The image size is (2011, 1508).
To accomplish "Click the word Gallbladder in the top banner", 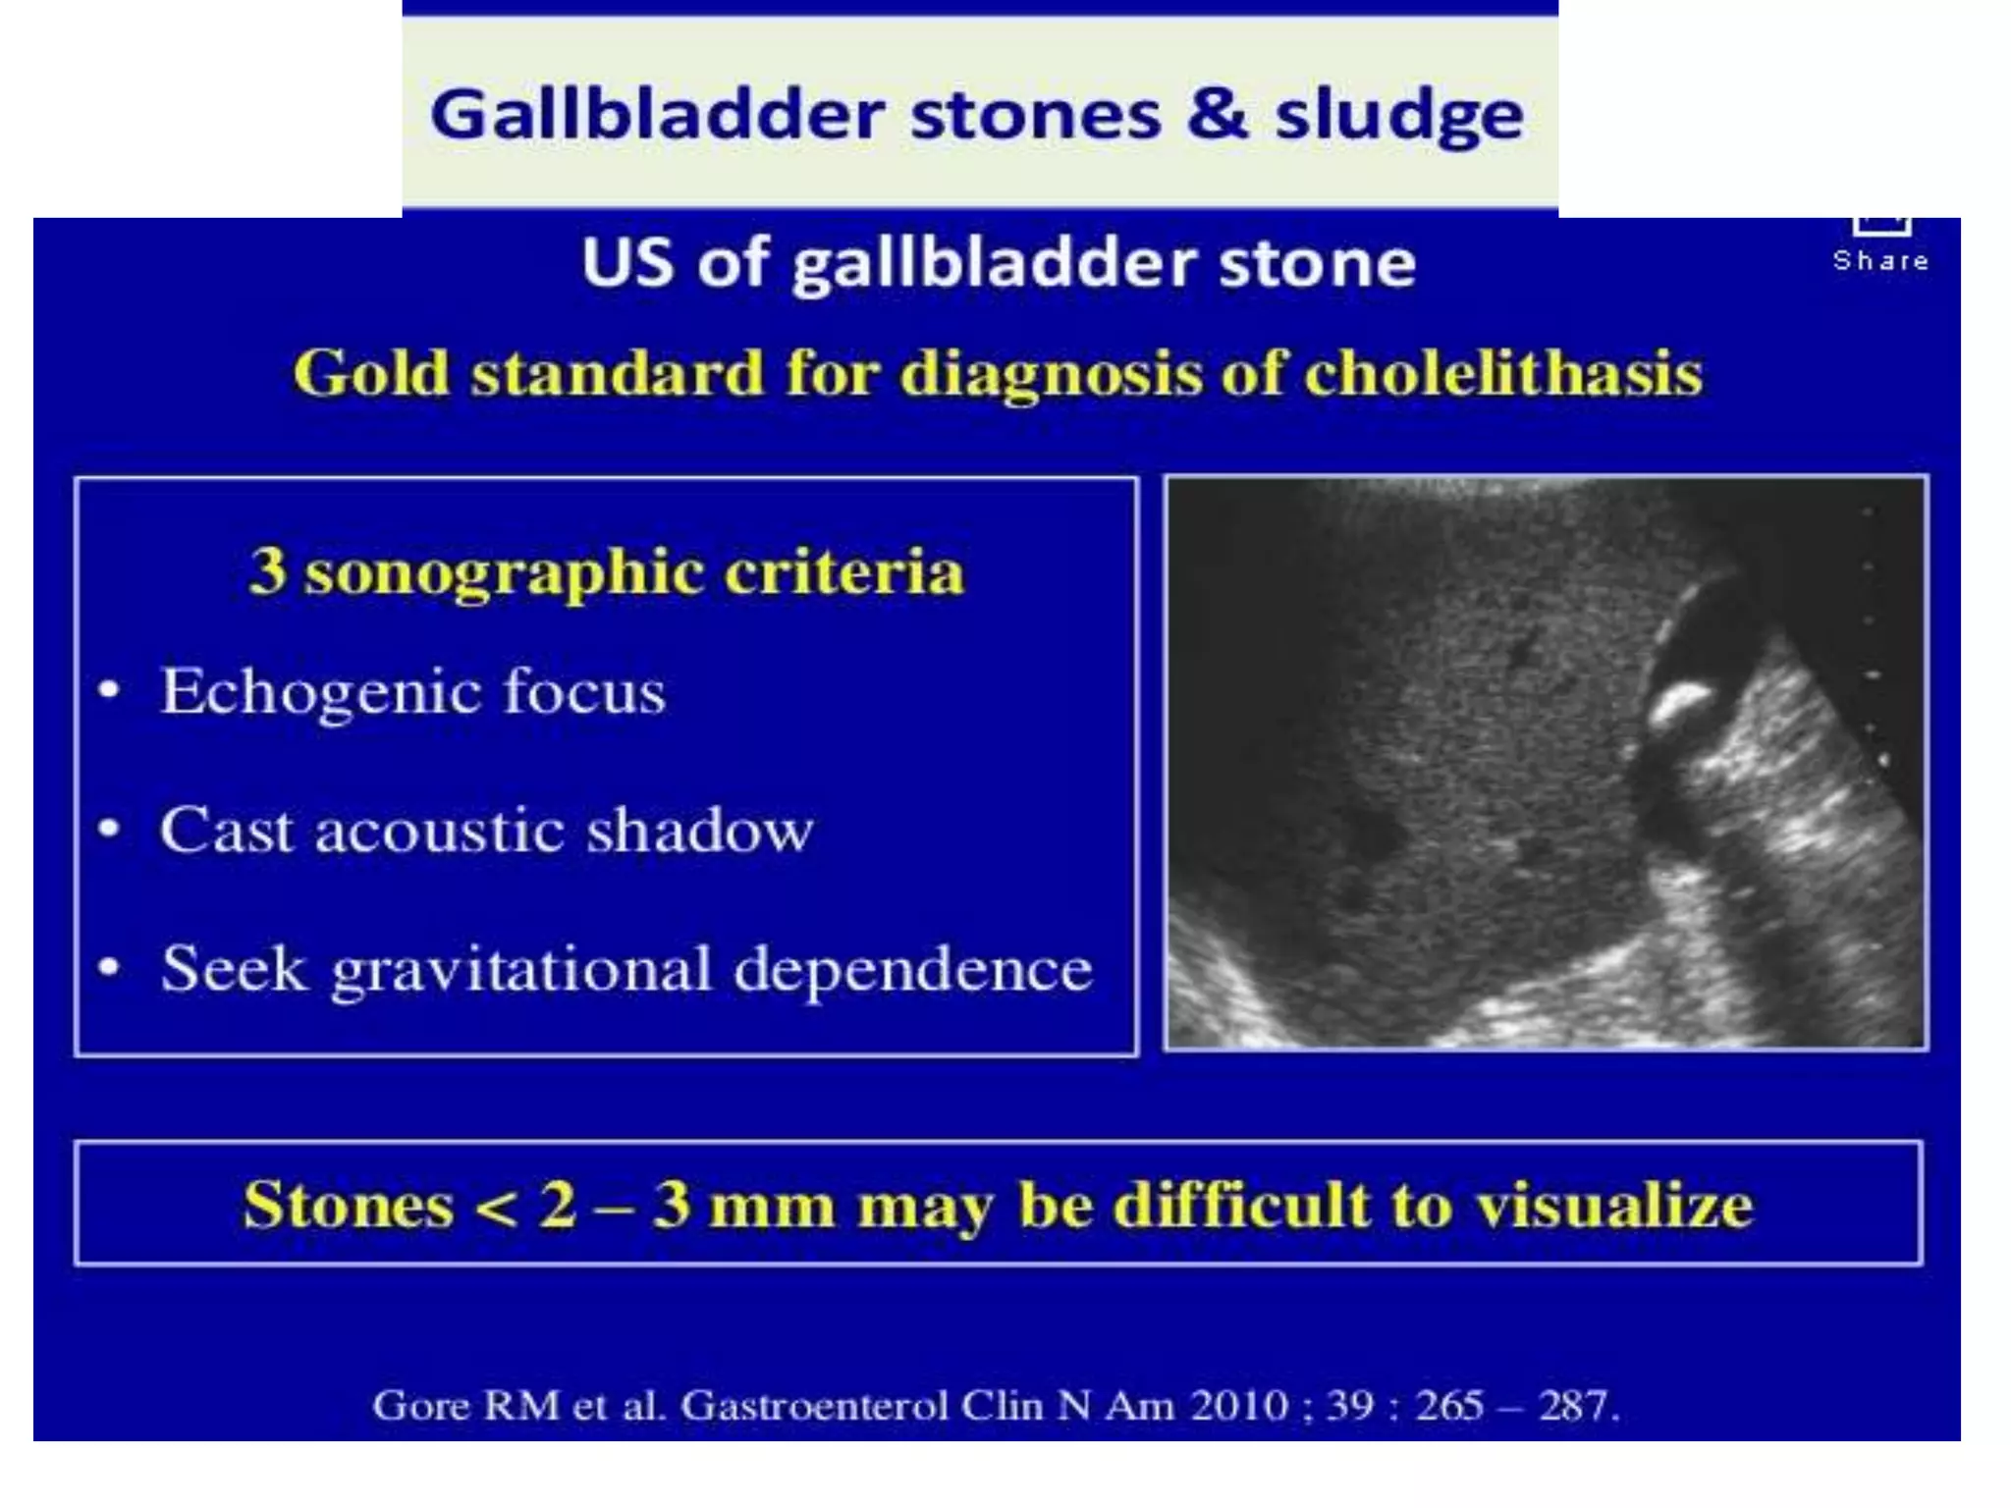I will pyautogui.click(x=657, y=115).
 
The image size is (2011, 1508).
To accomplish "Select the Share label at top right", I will pyautogui.click(x=1880, y=260).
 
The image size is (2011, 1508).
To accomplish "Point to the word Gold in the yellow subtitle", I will pyautogui.click(x=371, y=373).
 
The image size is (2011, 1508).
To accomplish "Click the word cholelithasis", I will pyautogui.click(x=1503, y=373).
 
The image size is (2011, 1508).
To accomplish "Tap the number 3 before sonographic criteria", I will pyautogui.click(x=267, y=570).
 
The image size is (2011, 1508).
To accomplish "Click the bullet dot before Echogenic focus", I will pyautogui.click(x=109, y=690).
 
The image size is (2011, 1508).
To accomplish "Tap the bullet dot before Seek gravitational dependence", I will pyautogui.click(x=109, y=968).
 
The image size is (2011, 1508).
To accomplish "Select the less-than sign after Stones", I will pyautogui.click(x=496, y=1206).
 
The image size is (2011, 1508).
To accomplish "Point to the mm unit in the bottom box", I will pyautogui.click(x=772, y=1206).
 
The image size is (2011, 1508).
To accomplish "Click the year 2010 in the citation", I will pyautogui.click(x=1238, y=1405).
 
